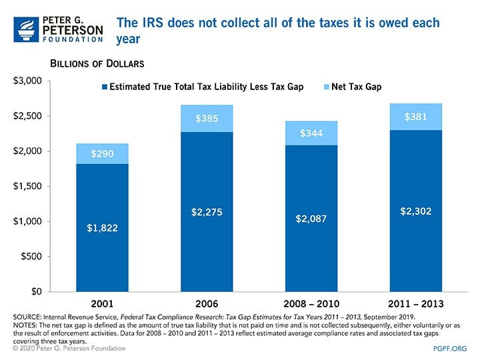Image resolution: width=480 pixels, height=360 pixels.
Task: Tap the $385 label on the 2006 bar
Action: (206, 119)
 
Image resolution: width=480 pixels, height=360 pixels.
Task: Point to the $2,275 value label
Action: (206, 213)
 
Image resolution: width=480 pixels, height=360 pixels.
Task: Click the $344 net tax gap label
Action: (311, 133)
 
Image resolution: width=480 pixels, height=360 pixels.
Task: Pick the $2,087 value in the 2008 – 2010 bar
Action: (311, 219)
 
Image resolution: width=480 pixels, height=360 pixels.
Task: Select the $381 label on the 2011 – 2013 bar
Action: (416, 117)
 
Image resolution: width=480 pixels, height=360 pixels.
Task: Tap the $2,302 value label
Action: (416, 211)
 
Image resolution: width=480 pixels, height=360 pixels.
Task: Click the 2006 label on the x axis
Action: (206, 303)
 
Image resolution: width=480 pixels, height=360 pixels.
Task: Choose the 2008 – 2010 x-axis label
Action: (311, 303)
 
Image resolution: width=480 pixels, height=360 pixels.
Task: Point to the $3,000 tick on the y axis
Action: (28, 81)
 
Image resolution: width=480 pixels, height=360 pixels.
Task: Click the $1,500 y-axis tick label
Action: (28, 186)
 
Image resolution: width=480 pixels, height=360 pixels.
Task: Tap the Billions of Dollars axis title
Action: (97, 63)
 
